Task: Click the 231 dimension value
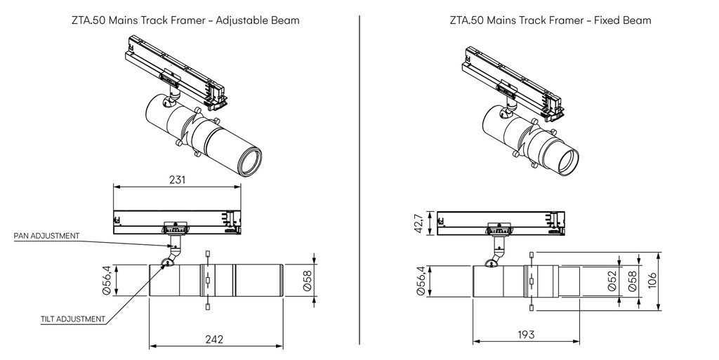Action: (x=178, y=180)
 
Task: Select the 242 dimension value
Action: (x=214, y=339)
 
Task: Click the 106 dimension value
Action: (x=653, y=281)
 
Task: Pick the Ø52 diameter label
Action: (x=612, y=281)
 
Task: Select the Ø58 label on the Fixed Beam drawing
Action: (x=633, y=281)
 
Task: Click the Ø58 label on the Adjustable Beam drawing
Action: (x=307, y=281)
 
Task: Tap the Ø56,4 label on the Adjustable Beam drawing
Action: (x=107, y=280)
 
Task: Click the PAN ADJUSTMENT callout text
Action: (x=46, y=236)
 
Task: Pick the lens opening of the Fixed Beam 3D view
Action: (x=567, y=162)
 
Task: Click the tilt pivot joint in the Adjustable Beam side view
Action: (x=167, y=262)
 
